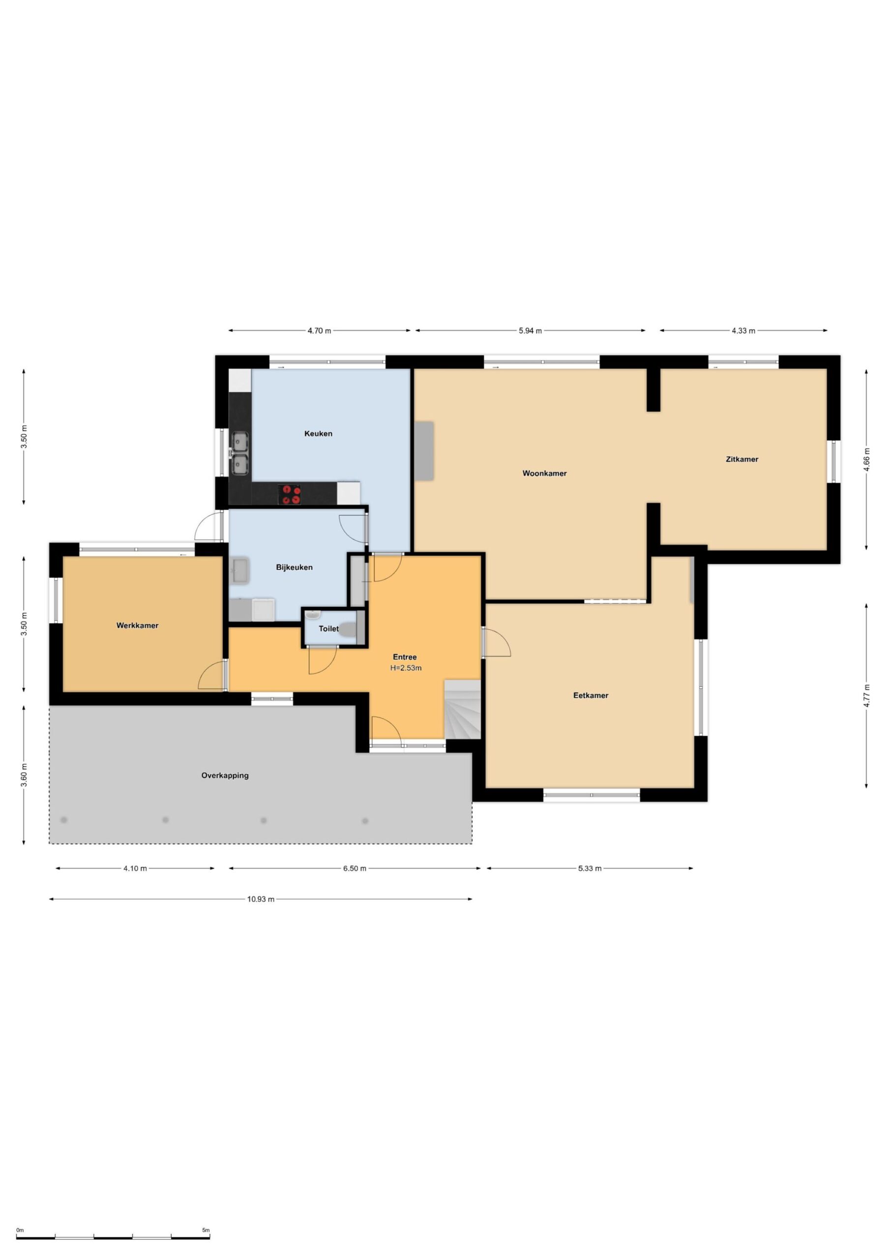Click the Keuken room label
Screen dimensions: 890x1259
[318, 434]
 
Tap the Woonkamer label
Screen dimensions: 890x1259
[544, 473]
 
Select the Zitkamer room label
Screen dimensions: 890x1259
[742, 459]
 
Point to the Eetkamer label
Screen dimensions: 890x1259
[591, 695]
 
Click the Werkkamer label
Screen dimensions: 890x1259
[137, 625]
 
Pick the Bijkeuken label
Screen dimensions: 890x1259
[294, 567]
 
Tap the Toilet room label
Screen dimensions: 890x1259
[328, 629]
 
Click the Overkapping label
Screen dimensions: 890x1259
[225, 776]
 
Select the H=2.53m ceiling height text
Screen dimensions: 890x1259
[406, 668]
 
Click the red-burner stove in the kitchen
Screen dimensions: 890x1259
[290, 494]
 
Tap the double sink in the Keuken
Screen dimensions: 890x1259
[239, 453]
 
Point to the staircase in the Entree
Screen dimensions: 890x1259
[462, 709]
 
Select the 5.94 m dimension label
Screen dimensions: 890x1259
[530, 330]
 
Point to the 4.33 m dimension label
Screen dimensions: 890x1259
[743, 330]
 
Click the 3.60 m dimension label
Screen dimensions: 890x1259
[24, 775]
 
